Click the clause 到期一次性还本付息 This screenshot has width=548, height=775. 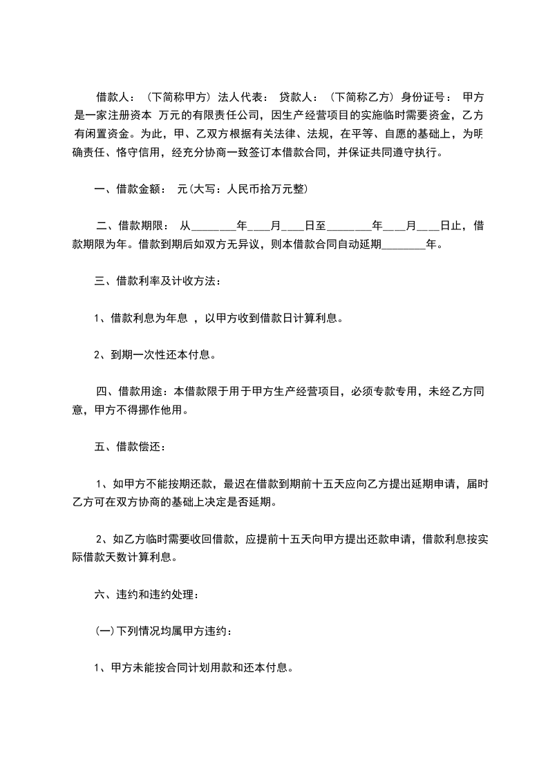[x=160, y=356]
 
